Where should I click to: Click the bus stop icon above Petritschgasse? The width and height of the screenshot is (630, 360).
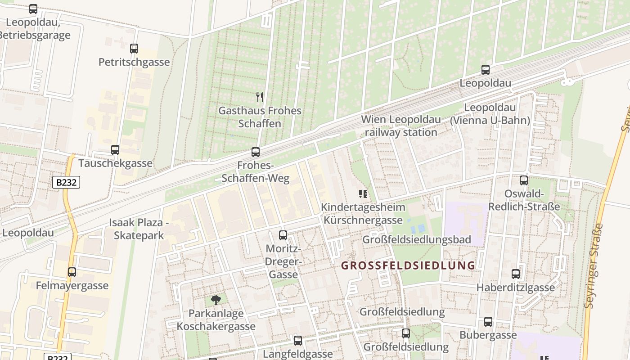[134, 49]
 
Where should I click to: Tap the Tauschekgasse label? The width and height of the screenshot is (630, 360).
[116, 163]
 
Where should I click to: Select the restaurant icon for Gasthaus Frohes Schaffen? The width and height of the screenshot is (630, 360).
[259, 97]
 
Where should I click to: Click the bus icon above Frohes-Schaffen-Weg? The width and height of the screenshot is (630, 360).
[256, 152]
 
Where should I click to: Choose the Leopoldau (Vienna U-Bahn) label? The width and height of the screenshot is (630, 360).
[490, 114]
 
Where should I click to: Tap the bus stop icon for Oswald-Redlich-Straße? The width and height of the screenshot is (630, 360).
[523, 180]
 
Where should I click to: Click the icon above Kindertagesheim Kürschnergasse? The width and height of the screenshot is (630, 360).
[363, 194]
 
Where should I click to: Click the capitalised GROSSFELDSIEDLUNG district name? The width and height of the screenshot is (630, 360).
[408, 265]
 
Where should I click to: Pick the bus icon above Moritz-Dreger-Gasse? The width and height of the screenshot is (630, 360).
[283, 235]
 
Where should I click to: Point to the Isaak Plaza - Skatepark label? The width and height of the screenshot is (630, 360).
[139, 229]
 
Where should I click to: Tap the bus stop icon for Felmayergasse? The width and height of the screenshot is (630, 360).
[72, 272]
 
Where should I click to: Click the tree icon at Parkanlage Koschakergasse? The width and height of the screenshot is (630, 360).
[216, 300]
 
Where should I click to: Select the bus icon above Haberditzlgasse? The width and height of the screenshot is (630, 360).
[516, 274]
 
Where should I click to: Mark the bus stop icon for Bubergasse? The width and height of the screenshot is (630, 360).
[488, 322]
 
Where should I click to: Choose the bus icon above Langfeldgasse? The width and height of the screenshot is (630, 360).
[297, 341]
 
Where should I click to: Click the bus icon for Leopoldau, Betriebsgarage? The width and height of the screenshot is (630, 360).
[33, 9]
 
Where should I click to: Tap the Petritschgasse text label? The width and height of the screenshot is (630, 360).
[134, 62]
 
